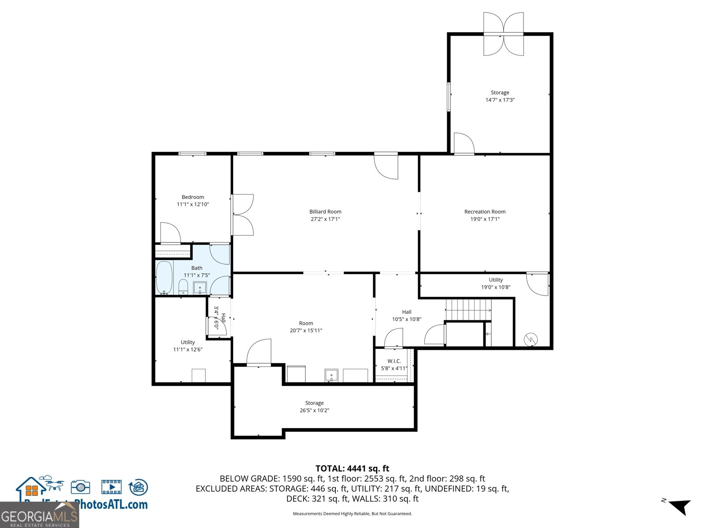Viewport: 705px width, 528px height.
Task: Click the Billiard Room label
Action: pos(325,212)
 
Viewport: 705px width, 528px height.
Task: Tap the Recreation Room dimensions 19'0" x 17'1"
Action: pos(485,219)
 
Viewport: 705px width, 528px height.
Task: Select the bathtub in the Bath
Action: pos(164,278)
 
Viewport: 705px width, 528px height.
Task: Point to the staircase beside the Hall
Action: pos(468,310)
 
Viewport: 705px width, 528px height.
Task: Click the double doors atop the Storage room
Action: pos(503,34)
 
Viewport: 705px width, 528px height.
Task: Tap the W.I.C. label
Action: pos(394,361)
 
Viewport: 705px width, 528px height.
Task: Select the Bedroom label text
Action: pos(193,197)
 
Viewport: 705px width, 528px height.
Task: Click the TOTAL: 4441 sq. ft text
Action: pos(352,469)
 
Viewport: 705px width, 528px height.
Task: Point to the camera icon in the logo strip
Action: pos(80,487)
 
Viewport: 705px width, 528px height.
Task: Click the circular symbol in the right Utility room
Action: pos(531,339)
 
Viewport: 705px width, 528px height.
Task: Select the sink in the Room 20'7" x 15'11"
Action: pos(331,375)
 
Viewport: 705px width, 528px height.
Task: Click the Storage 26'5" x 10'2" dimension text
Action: pos(314,411)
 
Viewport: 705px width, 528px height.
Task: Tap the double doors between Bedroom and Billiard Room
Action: pos(242,215)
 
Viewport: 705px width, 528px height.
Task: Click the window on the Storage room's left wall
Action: pos(449,96)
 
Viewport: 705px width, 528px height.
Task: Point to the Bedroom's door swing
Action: pos(170,233)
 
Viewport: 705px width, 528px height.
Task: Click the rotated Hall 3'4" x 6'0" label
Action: pos(219,318)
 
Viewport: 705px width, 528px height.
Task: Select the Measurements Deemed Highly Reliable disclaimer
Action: pos(352,513)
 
